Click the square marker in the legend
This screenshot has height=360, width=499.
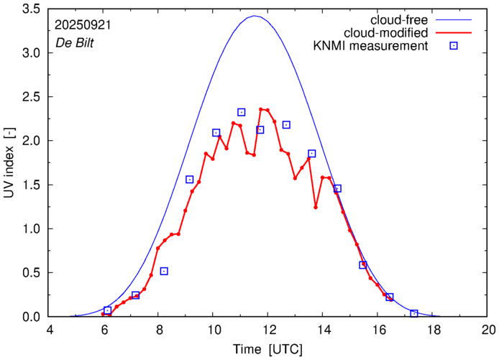[453, 47]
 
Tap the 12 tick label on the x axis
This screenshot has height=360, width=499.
[268, 331]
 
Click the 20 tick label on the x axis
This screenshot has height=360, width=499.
[489, 331]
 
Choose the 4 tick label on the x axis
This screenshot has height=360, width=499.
[49, 331]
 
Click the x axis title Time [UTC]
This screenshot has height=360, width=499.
[267, 349]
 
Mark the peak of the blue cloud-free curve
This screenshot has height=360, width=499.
[255, 16]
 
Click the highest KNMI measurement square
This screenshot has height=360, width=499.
[242, 112]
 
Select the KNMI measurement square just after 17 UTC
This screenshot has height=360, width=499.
[414, 314]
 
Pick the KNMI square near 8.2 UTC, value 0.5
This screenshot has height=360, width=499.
[164, 271]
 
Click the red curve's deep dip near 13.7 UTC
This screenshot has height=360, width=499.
[316, 207]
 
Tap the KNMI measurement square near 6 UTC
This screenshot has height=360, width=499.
[108, 310]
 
